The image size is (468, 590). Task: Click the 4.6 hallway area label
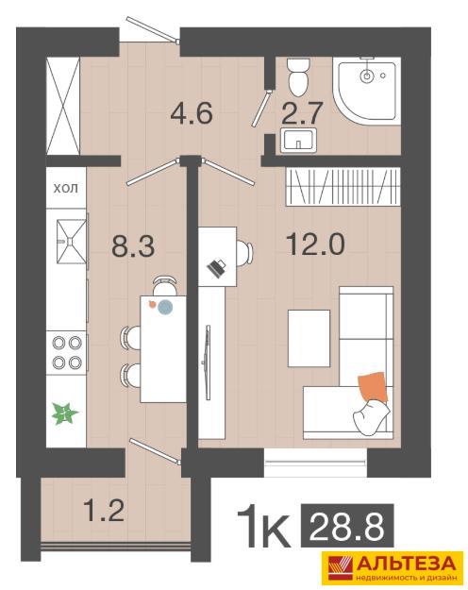point(192,112)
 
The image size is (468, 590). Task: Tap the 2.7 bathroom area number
point(303,112)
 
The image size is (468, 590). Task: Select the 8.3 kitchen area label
point(133,246)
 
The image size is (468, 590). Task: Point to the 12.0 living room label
point(315,244)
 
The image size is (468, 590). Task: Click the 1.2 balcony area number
point(104,510)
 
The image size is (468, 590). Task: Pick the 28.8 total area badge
point(347,526)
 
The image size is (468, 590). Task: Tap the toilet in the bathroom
point(298,76)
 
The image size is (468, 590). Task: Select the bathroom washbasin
point(299,141)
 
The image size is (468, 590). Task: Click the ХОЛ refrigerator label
point(66,188)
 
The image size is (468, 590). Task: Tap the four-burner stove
point(67,352)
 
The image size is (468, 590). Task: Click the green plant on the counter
point(65,413)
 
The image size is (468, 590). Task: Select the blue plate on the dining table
point(165,307)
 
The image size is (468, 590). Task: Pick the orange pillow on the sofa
point(373,387)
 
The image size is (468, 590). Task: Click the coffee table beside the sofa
point(309,338)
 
